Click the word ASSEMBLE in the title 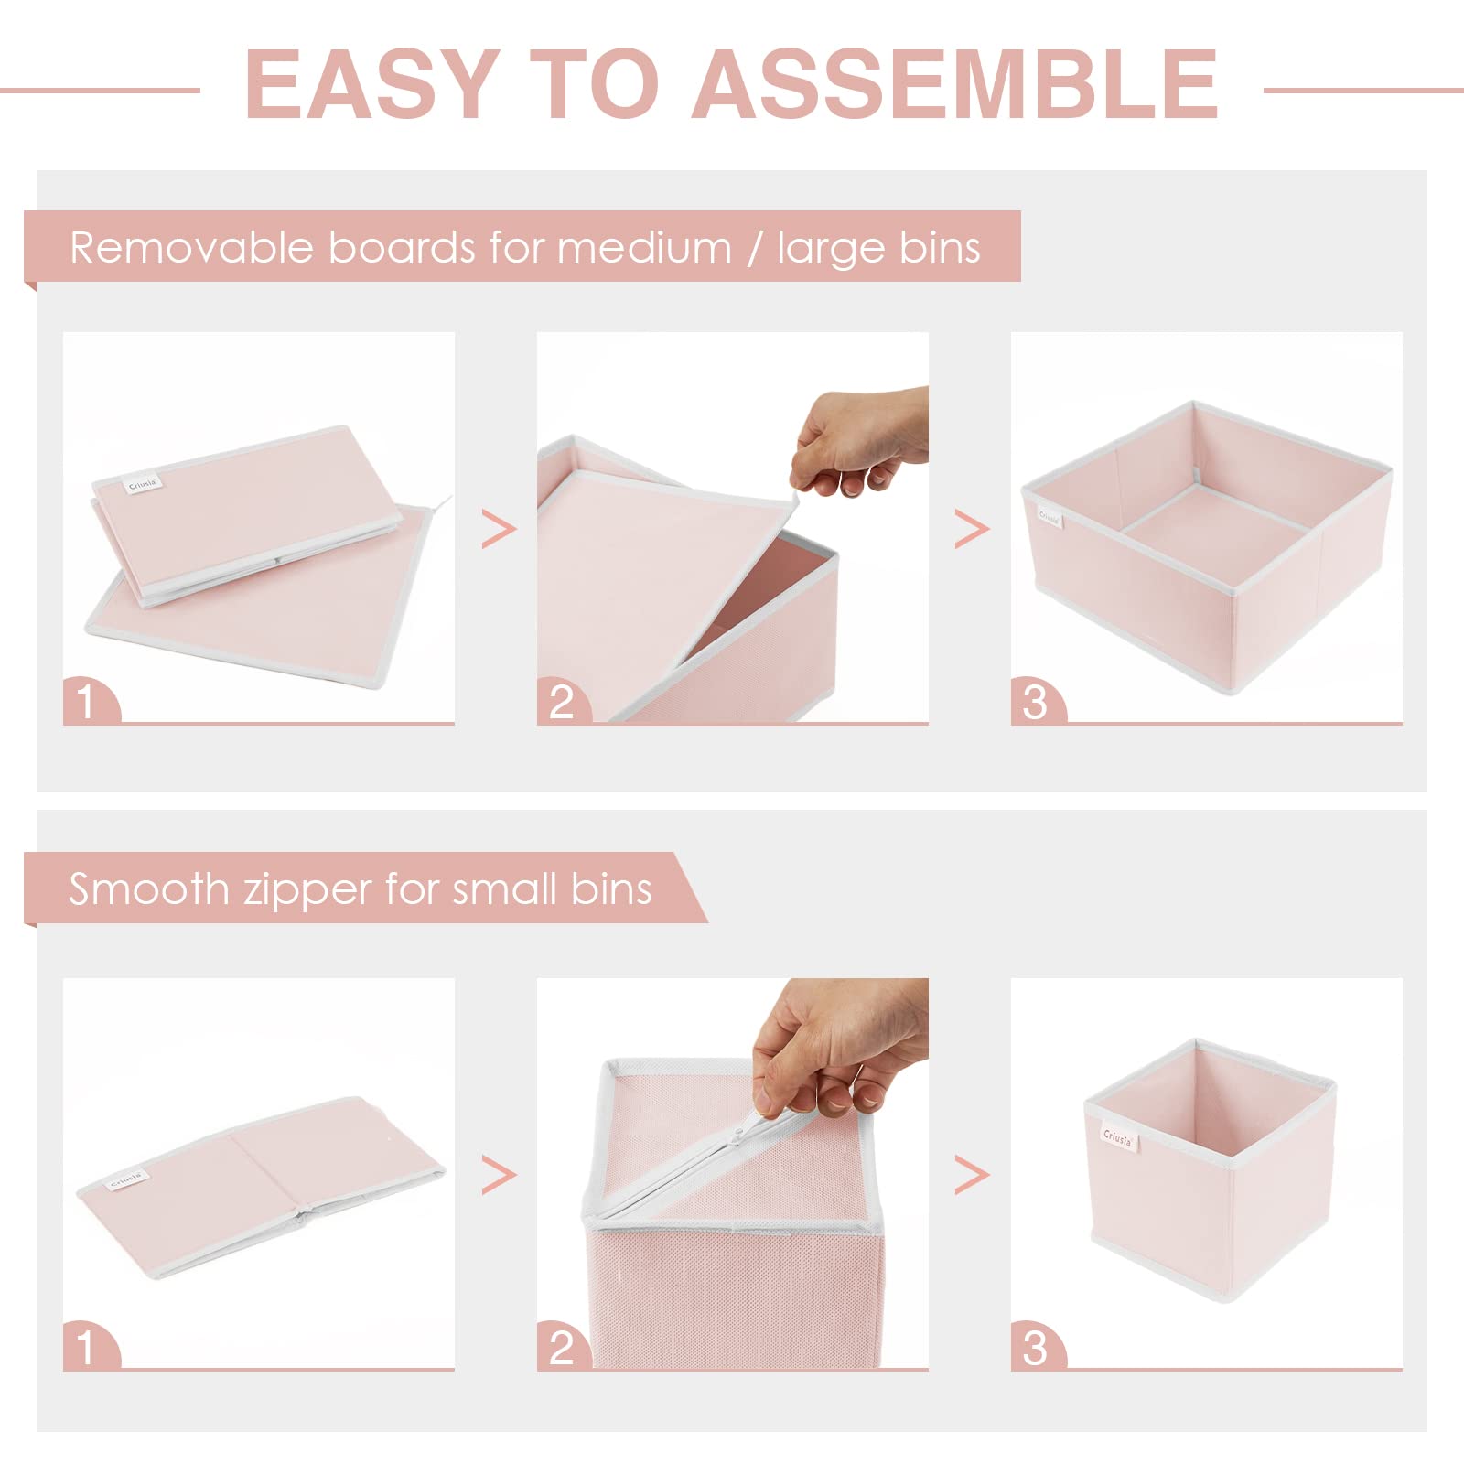pyautogui.click(x=954, y=84)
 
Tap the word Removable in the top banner pyautogui.click(x=191, y=248)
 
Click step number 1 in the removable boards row pyautogui.click(x=86, y=703)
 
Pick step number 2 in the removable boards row pyautogui.click(x=561, y=703)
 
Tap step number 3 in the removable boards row pyautogui.click(x=1035, y=703)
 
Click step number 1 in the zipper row pyautogui.click(x=86, y=1348)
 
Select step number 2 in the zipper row pyautogui.click(x=561, y=1348)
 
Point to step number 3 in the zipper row pyautogui.click(x=1035, y=1348)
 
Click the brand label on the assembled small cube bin pyautogui.click(x=1118, y=1137)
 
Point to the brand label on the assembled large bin pyautogui.click(x=1050, y=518)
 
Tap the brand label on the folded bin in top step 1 pyautogui.click(x=144, y=484)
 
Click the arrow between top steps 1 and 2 pyautogui.click(x=499, y=529)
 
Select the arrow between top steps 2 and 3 pyautogui.click(x=971, y=529)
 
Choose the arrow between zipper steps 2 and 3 pyautogui.click(x=971, y=1174)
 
